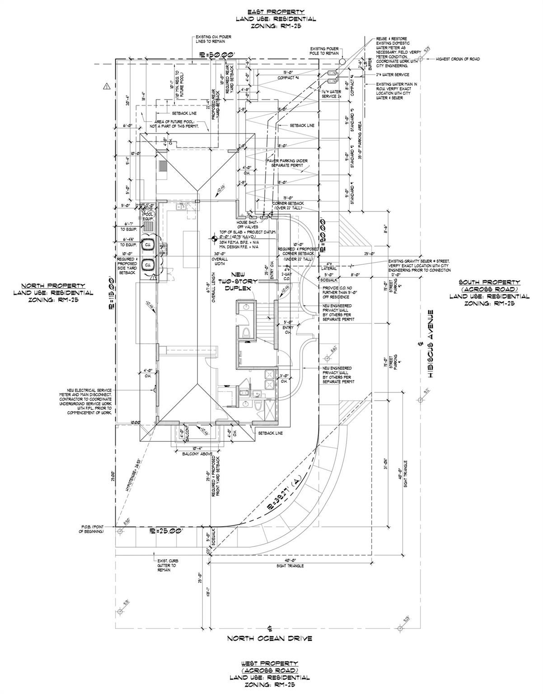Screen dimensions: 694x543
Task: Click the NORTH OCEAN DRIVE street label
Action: point(270,638)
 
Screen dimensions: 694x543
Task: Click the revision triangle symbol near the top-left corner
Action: point(107,85)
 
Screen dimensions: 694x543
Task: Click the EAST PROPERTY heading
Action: point(276,12)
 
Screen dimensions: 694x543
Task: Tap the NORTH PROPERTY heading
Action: point(53,286)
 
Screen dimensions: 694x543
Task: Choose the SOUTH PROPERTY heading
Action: point(489,282)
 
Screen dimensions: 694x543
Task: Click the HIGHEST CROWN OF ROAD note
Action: point(457,59)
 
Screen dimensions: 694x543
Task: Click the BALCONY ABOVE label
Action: point(198,454)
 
